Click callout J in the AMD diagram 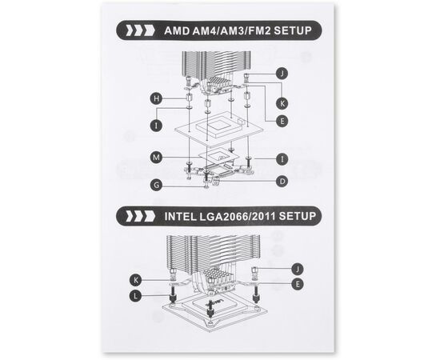282,74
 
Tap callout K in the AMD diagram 282,103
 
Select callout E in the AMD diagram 282,122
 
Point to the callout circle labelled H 156,98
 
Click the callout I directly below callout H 156,125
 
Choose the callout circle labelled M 156,157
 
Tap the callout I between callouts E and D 282,159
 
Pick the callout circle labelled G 156,185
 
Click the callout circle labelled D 282,182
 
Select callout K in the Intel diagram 136,280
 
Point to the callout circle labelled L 136,296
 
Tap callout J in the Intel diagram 298,270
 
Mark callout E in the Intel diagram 298,284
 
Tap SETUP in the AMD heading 293,30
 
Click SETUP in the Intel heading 298,216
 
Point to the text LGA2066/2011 238,216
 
